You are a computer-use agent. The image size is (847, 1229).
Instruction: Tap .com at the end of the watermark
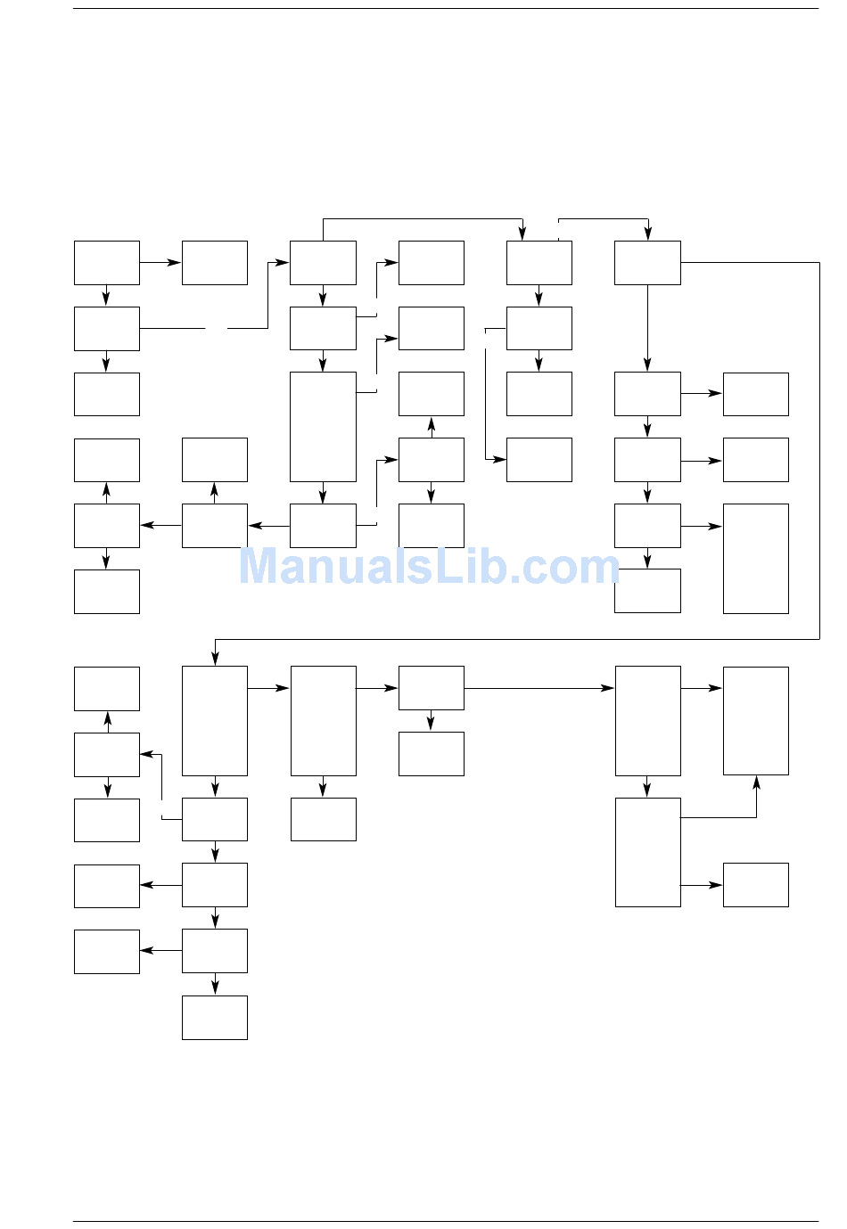tap(572, 567)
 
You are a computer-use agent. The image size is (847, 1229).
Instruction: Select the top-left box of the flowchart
tap(107, 263)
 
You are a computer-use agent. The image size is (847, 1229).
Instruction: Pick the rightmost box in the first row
tap(647, 263)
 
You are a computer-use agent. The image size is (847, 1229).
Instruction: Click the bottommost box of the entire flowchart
tap(215, 1018)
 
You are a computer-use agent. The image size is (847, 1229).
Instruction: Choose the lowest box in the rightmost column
tap(756, 885)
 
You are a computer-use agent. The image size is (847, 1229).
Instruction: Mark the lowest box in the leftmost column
tap(107, 952)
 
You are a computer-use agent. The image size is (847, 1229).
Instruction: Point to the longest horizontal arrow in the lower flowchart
tap(539, 688)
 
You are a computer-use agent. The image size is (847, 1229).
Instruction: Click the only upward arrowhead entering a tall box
tap(756, 782)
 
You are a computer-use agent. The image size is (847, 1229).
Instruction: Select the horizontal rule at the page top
tap(446, 9)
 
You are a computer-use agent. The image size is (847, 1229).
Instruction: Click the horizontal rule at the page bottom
tap(446, 1221)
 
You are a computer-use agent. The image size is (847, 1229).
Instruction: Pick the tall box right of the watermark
tap(756, 559)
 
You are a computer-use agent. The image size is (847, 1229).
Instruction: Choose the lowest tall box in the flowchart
tap(647, 852)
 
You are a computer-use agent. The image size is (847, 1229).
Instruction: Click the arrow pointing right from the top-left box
tap(161, 263)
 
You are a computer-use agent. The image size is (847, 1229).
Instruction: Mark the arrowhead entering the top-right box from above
tap(647, 234)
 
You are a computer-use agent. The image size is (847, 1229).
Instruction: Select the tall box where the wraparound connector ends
tap(215, 721)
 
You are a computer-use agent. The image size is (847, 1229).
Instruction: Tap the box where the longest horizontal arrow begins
tap(432, 688)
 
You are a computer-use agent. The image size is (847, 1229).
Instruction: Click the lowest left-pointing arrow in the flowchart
tap(160, 951)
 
